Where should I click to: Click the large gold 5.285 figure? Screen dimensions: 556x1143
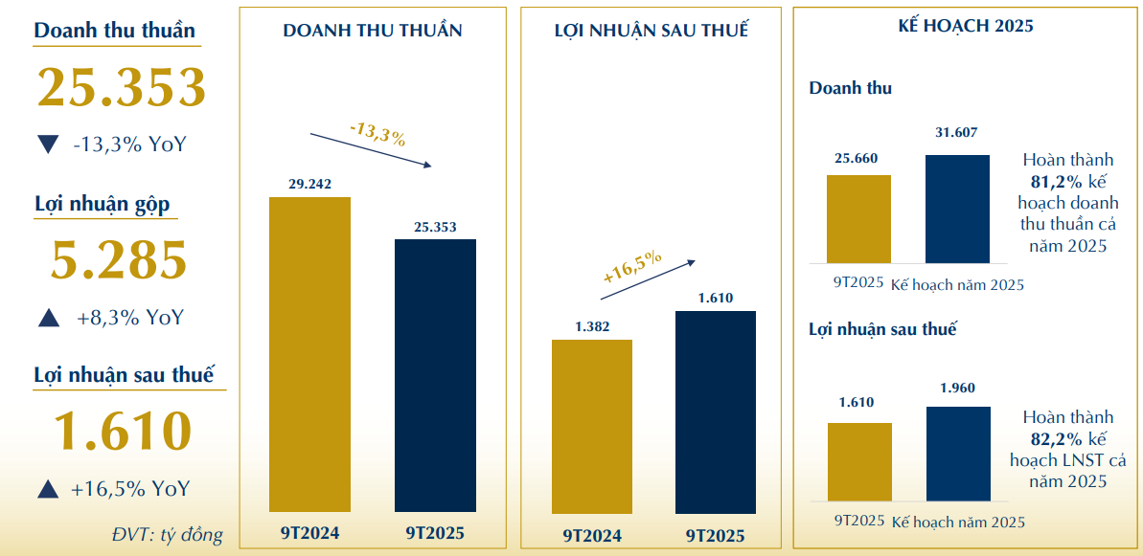(x=120, y=260)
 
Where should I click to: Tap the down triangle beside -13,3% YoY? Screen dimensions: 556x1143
(x=47, y=145)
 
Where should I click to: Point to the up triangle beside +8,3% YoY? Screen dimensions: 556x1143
(x=48, y=318)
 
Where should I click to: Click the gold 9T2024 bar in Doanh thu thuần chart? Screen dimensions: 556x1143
(x=309, y=354)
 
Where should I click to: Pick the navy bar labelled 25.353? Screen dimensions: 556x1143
(x=435, y=375)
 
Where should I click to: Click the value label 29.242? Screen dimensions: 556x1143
(x=309, y=184)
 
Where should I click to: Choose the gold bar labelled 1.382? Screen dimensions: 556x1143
(x=591, y=426)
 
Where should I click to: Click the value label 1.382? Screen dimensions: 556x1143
(x=591, y=327)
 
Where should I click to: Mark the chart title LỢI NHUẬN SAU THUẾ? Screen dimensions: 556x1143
(x=652, y=30)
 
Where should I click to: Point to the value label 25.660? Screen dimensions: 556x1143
(x=857, y=158)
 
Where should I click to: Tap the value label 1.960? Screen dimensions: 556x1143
(x=957, y=389)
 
